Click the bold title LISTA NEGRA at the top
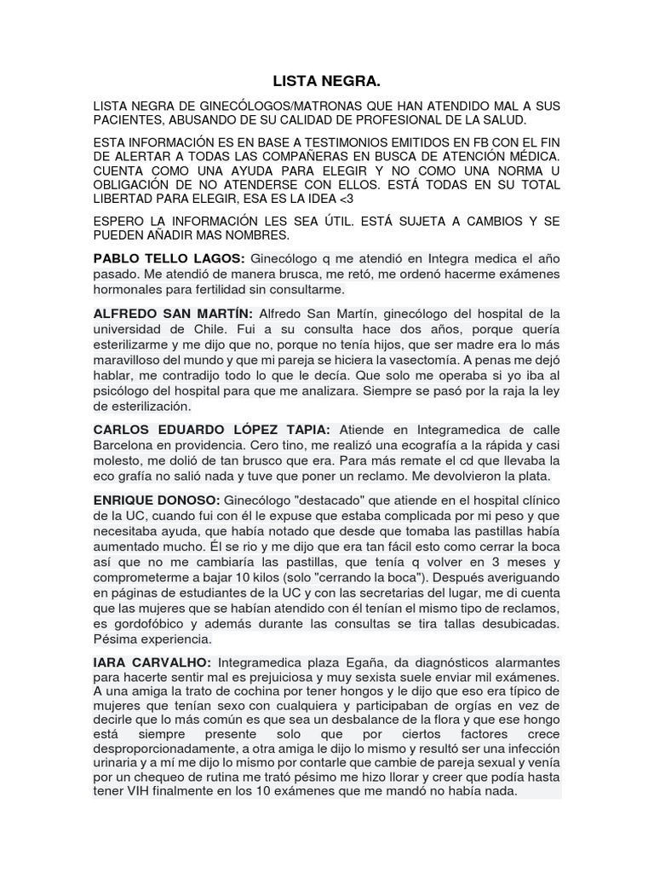tap(326, 82)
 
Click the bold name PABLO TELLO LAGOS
tap(169, 258)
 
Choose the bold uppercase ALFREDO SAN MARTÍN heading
tap(172, 313)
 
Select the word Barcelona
tap(125, 444)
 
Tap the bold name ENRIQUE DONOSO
tap(157, 499)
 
